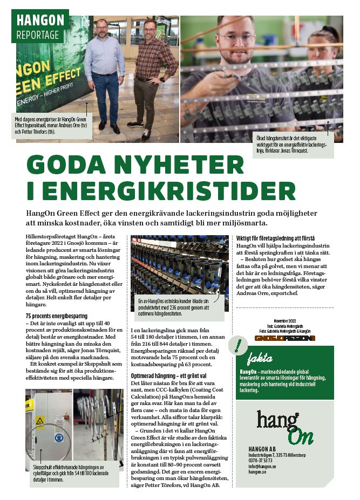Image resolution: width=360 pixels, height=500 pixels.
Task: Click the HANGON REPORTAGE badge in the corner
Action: (40, 26)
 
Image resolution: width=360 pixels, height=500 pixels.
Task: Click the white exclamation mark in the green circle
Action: (237, 346)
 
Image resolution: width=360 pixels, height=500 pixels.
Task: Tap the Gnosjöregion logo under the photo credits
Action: (285, 338)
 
